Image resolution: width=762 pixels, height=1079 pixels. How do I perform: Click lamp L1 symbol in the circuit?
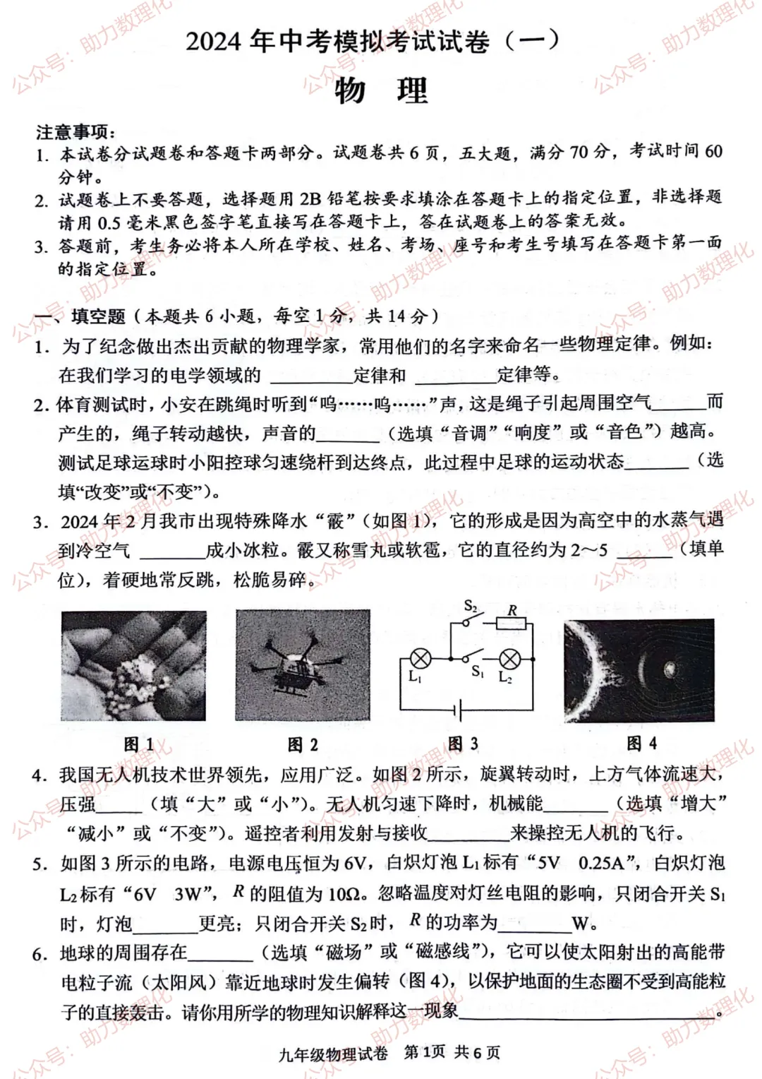(421, 659)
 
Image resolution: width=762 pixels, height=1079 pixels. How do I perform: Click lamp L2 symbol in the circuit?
(509, 660)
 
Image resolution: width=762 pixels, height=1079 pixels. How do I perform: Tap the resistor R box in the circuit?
(512, 623)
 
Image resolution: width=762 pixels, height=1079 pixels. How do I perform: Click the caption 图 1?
(138, 744)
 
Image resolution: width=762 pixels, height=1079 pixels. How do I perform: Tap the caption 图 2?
(303, 744)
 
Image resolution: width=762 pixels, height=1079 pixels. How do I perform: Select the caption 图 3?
(463, 744)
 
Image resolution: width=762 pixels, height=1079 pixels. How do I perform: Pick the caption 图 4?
(641, 743)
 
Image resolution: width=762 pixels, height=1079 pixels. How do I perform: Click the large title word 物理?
(381, 90)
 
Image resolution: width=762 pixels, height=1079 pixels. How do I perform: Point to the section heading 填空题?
(98, 316)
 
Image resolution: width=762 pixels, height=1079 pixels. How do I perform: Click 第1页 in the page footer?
(424, 1052)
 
